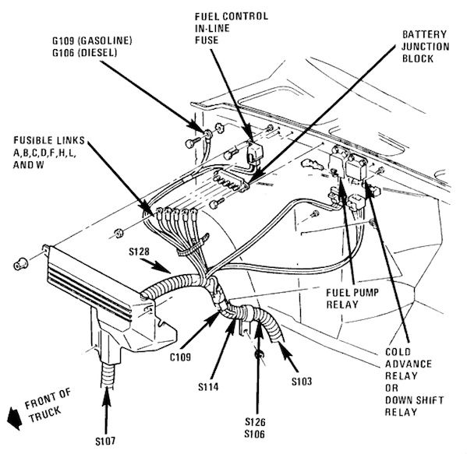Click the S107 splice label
(105, 442)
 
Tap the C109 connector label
(181, 357)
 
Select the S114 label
(208, 387)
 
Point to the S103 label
(302, 381)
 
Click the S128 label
(139, 252)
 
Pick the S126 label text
(255, 421)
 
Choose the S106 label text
(255, 434)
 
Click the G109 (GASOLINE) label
(92, 40)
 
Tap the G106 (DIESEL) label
(85, 53)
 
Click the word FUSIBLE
(33, 140)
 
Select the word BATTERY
(424, 34)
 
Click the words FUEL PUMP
(352, 293)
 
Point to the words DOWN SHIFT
(414, 400)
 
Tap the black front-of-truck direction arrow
(14, 418)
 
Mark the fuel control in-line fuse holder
(253, 153)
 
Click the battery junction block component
(231, 181)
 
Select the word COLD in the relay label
(398, 352)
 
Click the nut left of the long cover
(20, 264)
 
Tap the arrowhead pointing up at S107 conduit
(106, 396)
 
